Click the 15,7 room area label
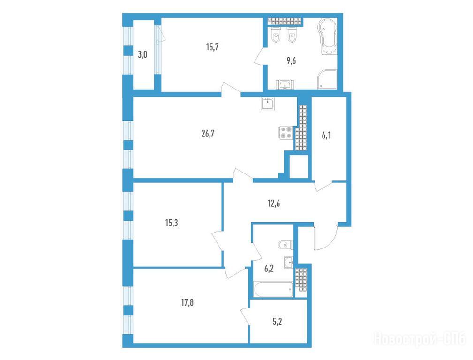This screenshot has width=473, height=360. pyautogui.click(x=212, y=47)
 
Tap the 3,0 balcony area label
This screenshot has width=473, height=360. pyautogui.click(x=143, y=55)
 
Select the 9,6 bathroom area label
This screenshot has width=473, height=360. pyautogui.click(x=291, y=61)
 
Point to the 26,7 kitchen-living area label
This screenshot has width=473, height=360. pyautogui.click(x=208, y=134)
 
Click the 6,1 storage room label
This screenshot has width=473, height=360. pyautogui.click(x=326, y=135)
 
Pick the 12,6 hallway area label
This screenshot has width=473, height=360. pyautogui.click(x=274, y=203)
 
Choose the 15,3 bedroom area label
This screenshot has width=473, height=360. pyautogui.click(x=172, y=223)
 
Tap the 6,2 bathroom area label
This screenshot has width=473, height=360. pyautogui.click(x=269, y=268)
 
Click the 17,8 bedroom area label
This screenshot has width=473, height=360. pyautogui.click(x=188, y=302)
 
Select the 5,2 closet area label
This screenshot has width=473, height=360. pyautogui.click(x=277, y=322)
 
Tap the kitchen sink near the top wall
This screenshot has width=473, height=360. pyautogui.click(x=268, y=104)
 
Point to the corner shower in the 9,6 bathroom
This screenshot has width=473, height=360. pyautogui.click(x=327, y=79)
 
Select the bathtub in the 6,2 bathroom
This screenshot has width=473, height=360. pyautogui.click(x=273, y=290)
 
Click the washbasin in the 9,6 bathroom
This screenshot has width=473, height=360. pyautogui.click(x=285, y=84)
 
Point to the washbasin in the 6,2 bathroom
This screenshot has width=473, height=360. pyautogui.click(x=289, y=262)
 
